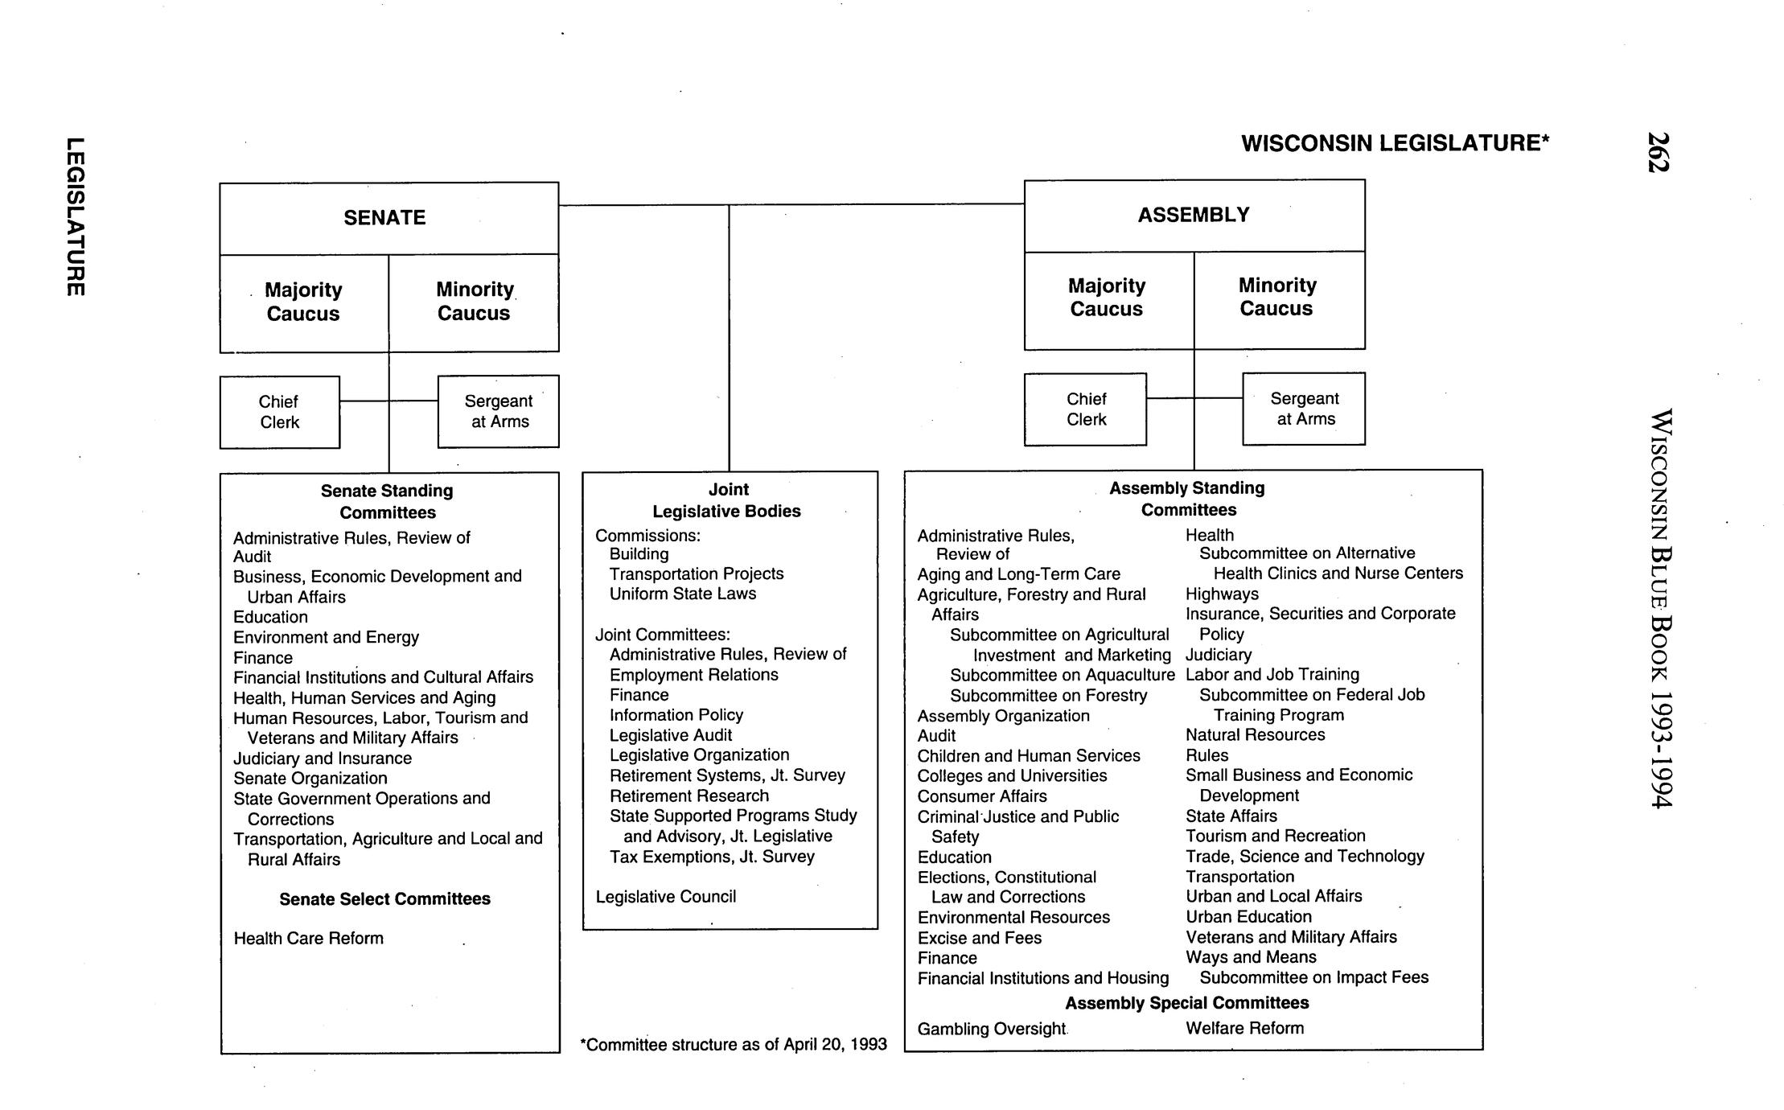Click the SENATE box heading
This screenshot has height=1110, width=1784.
pos(384,218)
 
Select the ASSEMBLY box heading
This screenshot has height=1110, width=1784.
pos(1194,215)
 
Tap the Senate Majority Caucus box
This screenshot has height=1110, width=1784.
pos(303,302)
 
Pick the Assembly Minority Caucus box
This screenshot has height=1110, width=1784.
pos(1277,297)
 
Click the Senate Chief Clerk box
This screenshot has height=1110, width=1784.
pos(279,412)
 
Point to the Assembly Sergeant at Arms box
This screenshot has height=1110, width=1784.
pos(1304,409)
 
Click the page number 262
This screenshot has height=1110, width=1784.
pos(1658,152)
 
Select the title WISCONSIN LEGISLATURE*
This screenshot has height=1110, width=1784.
pos(1395,143)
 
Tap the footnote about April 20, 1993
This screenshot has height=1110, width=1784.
pos(733,1044)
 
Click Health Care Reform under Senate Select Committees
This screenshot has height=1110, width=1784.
pos(308,938)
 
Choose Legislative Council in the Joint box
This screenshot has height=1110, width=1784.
pos(665,896)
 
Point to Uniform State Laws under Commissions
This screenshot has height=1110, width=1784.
pos(682,594)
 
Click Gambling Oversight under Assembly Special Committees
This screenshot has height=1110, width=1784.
pos(991,1029)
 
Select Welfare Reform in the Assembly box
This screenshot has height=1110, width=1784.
pos(1244,1028)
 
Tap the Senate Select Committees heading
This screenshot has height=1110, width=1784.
pos(384,898)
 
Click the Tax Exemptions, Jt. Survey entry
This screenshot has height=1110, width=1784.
pos(712,856)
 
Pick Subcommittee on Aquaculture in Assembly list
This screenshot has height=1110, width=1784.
pos(1062,675)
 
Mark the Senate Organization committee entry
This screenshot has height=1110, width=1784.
pos(310,778)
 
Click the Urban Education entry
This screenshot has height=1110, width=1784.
pos(1248,916)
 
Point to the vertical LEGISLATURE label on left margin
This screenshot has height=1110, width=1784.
pos(74,217)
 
